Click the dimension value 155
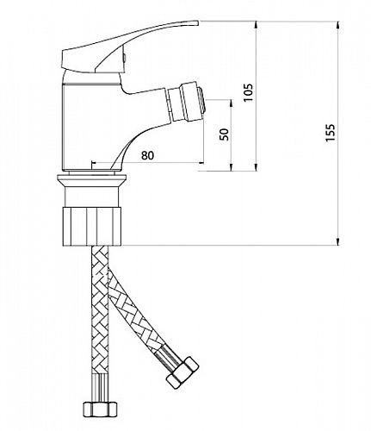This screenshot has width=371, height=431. click(331, 132)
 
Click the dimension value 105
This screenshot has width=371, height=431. click(248, 92)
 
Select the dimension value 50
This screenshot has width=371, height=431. click(224, 134)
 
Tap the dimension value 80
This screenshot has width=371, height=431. click(147, 155)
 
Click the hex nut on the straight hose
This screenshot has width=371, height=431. click(101, 408)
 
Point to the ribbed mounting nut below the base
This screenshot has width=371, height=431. click(92, 226)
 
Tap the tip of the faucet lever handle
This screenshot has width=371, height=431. click(198, 22)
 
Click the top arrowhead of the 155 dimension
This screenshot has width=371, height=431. click(337, 24)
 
